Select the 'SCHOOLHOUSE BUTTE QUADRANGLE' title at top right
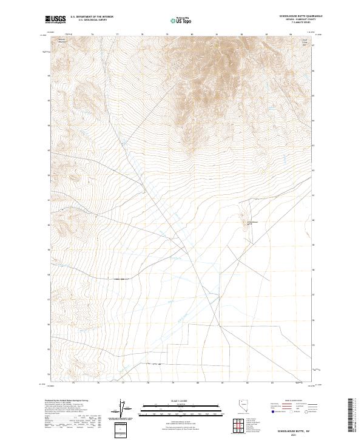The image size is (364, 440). click(297, 16)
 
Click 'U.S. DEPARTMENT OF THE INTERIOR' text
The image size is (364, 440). click(92, 17)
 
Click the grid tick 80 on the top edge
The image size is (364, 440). click(192, 35)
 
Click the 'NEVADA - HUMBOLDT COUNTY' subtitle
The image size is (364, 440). click(297, 19)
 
